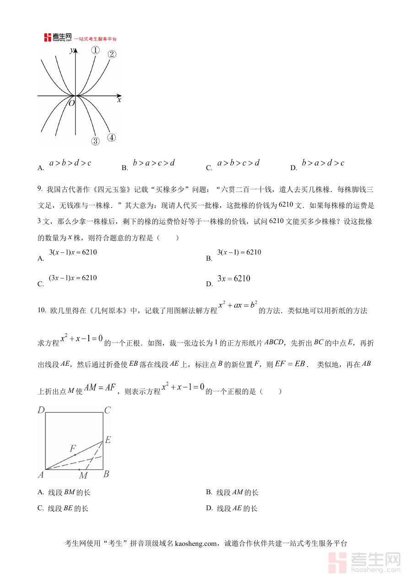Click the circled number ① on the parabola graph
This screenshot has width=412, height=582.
[x=95, y=50]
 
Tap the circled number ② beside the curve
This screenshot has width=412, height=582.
[x=112, y=54]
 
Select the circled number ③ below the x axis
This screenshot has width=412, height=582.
[x=95, y=141]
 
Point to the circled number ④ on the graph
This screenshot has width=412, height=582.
[x=111, y=137]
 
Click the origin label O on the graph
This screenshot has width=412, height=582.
[x=71, y=103]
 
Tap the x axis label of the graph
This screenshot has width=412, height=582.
[x=119, y=100]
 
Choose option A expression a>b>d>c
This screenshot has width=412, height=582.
[x=70, y=163]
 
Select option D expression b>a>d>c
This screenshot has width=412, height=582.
[x=323, y=163]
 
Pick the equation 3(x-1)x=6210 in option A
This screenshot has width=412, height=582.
[x=73, y=252]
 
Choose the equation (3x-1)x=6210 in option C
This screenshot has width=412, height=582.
[x=73, y=278]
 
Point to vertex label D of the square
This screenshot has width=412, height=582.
[x=41, y=410]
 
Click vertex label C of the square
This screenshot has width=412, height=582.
[x=108, y=410]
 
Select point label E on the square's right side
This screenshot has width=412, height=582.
[x=108, y=440]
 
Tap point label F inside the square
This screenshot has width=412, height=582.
[x=72, y=449]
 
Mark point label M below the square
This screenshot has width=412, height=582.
[x=83, y=476]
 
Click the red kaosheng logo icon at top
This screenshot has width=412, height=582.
[x=48, y=37]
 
